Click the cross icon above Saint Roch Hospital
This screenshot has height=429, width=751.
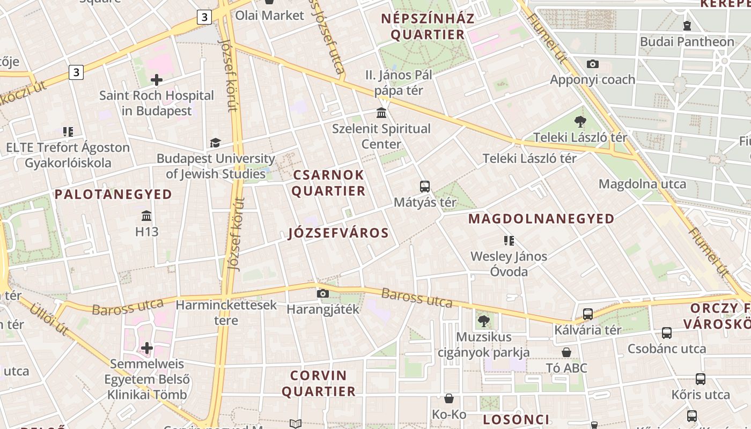point(157,80)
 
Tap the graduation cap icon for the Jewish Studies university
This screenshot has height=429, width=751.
point(215,143)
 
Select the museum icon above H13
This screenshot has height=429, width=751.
point(146,216)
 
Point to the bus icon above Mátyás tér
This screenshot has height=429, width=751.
point(425,187)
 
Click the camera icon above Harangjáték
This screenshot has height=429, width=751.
point(322,293)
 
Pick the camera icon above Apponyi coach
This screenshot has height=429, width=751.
point(593,64)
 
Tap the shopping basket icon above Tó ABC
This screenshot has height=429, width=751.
point(566,352)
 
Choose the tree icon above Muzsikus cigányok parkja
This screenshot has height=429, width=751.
point(483,321)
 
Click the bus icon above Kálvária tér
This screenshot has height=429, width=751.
point(588,314)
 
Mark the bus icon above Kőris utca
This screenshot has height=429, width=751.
point(700,379)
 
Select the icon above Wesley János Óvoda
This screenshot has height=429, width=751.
point(509,241)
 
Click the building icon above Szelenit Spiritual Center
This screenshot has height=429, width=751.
point(381,113)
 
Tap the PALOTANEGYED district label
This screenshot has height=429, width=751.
point(113,194)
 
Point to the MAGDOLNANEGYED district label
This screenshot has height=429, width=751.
point(541,219)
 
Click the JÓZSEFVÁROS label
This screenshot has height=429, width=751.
point(338,233)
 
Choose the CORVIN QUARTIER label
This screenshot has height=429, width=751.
point(319,383)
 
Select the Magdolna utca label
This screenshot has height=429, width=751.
point(642,184)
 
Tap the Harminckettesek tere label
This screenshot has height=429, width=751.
point(226,313)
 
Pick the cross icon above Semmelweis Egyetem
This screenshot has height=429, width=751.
point(147,348)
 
